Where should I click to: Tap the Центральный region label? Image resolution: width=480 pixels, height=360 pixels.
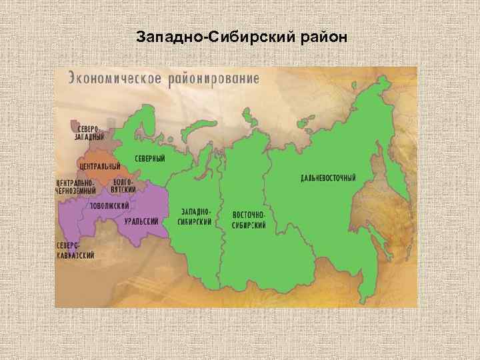click(x=99, y=165)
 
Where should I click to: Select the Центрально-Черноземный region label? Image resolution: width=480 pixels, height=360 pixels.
click(x=75, y=185)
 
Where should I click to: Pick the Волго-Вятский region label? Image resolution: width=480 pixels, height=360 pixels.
click(x=124, y=185)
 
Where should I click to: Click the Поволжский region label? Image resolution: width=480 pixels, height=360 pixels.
click(x=110, y=205)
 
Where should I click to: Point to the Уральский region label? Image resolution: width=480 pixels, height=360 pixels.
click(x=141, y=221)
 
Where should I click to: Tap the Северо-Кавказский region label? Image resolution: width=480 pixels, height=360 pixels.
click(x=74, y=250)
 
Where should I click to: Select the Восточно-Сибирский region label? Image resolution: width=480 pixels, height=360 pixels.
click(x=249, y=221)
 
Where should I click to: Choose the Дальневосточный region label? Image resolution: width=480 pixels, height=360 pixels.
click(x=327, y=179)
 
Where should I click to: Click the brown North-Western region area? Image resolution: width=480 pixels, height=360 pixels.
click(x=100, y=140)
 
